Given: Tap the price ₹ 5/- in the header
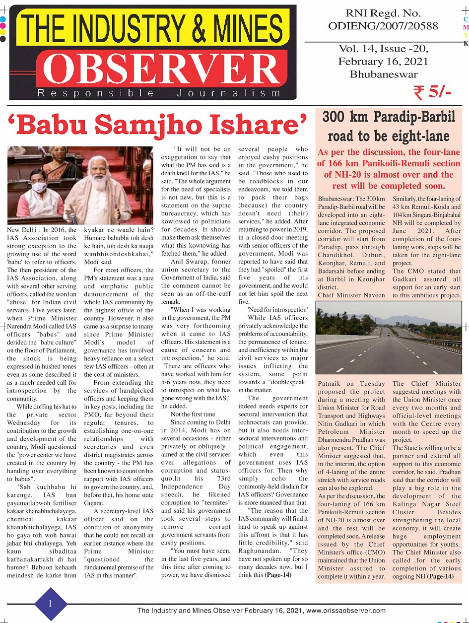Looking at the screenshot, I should (x=432, y=92).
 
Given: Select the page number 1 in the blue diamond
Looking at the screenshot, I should (x=50, y=603).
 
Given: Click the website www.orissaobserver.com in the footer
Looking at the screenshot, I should (x=346, y=611).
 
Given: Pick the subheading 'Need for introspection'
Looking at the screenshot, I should (x=278, y=310).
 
